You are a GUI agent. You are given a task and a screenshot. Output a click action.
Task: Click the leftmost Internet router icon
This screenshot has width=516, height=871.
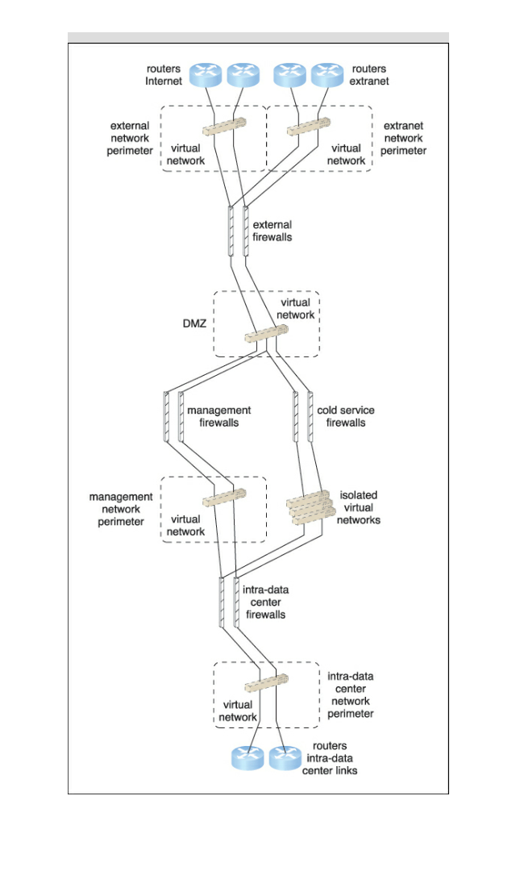pyautogui.click(x=207, y=76)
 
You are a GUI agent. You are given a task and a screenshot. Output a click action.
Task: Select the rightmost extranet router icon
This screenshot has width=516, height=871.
pyautogui.click(x=327, y=76)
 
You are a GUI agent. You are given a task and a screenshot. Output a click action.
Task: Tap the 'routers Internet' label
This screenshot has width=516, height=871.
pyautogui.click(x=164, y=75)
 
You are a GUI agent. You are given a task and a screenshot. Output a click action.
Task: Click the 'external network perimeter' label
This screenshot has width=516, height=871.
pyautogui.click(x=130, y=139)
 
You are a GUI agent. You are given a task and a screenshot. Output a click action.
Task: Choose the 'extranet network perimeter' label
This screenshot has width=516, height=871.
pyautogui.click(x=405, y=139)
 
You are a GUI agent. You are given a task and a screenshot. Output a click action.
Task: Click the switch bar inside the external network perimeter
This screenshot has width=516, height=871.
pyautogui.click(x=222, y=130)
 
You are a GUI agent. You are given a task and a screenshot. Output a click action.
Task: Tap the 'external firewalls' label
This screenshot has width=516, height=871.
pyautogui.click(x=273, y=231)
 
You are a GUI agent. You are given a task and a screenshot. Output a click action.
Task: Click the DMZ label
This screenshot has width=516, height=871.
pyautogui.click(x=194, y=323)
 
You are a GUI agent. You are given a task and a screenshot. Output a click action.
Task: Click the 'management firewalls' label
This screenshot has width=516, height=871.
pyautogui.click(x=218, y=416)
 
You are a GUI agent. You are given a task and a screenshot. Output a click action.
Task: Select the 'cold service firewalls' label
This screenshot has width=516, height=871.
pyautogui.click(x=346, y=416)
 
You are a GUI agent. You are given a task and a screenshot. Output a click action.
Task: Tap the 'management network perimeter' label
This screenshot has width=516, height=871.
pyautogui.click(x=121, y=509)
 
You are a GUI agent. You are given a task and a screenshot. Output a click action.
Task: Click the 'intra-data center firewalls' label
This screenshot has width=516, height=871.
pyautogui.click(x=265, y=602)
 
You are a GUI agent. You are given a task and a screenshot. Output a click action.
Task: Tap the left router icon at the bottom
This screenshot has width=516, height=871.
pyautogui.click(x=248, y=758)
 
